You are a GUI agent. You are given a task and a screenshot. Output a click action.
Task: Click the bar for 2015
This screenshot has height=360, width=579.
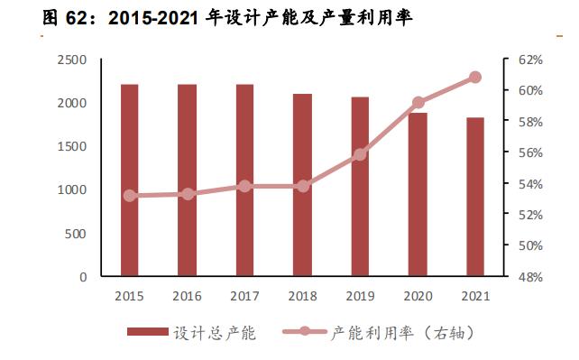pyautogui.click(x=129, y=180)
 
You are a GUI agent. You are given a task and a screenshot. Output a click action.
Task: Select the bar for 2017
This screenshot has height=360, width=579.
pyautogui.click(x=244, y=180)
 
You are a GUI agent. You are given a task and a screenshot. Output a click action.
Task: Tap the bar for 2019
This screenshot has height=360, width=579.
pyautogui.click(x=360, y=185)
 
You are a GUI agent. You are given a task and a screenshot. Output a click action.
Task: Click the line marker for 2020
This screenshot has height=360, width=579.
pyautogui.click(x=418, y=103)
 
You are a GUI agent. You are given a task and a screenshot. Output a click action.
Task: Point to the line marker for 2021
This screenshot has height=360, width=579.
pyautogui.click(x=475, y=78)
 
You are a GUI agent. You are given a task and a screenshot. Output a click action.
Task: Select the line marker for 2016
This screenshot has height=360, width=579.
pyautogui.click(x=187, y=194)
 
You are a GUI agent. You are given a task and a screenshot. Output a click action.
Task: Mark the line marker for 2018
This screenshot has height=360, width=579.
pyautogui.click(x=302, y=186)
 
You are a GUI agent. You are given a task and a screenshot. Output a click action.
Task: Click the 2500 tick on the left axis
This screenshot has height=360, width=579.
pyautogui.click(x=71, y=60)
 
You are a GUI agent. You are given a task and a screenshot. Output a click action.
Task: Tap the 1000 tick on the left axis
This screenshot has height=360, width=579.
pyautogui.click(x=71, y=189)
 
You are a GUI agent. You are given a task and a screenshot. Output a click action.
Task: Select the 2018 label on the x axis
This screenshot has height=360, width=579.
pyautogui.click(x=302, y=296)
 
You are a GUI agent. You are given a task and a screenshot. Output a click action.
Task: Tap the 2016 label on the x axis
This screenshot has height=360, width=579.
pyautogui.click(x=187, y=296)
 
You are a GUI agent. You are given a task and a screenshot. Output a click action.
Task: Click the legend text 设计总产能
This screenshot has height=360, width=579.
pyautogui.click(x=216, y=333)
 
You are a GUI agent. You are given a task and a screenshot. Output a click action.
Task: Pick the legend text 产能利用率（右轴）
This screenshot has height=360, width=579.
pyautogui.click(x=402, y=333)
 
